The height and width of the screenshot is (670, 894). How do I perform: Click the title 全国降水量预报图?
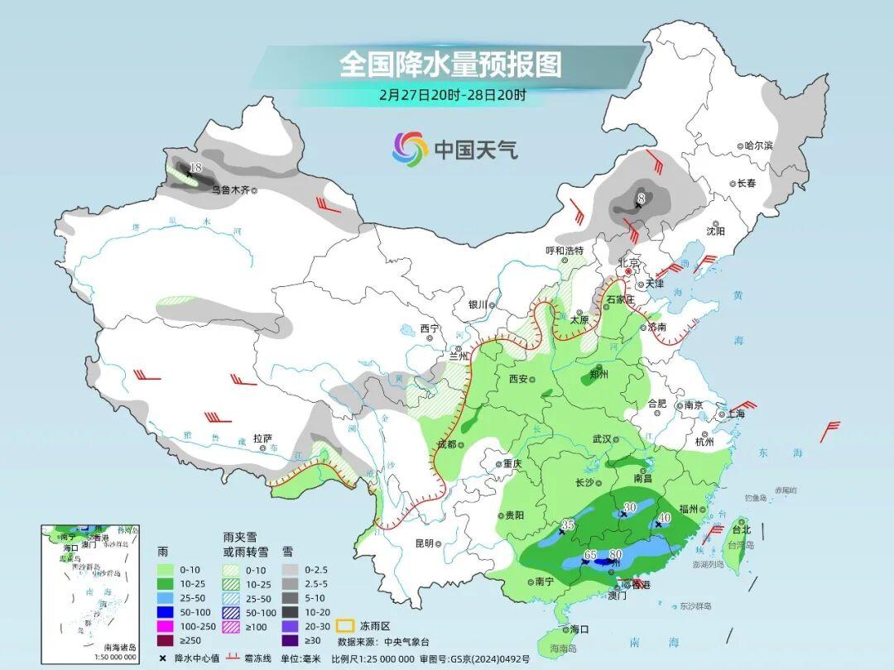450,64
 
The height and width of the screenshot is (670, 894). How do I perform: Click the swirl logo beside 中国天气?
410,149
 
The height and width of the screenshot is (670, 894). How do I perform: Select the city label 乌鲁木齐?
228,189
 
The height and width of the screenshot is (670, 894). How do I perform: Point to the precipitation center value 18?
196,168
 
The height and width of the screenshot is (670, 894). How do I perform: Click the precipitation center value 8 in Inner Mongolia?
641,198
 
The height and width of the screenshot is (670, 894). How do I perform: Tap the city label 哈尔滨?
757,146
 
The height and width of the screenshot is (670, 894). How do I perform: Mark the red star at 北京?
629,271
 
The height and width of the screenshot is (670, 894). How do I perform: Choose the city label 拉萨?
262,438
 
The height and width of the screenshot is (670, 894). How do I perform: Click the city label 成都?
446,444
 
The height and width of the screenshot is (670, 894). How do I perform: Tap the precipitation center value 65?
590,554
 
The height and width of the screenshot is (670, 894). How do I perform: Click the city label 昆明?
424,543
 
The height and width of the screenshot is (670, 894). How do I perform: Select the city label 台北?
741,529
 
